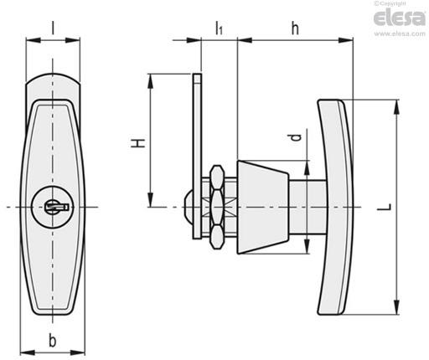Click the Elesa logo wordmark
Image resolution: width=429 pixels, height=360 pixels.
(x=400, y=18)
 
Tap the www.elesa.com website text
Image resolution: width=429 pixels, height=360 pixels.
(x=400, y=33)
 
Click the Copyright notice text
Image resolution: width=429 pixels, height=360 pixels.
(x=390, y=3)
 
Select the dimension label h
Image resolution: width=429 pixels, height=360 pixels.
(x=295, y=28)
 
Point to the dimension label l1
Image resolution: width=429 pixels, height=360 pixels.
(x=219, y=28)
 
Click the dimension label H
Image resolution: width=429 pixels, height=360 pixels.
(x=138, y=143)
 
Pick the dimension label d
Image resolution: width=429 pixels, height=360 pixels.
(x=296, y=137)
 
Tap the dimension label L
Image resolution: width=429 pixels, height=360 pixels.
(x=385, y=207)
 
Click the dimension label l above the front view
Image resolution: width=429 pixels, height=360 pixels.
(x=53, y=28)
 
